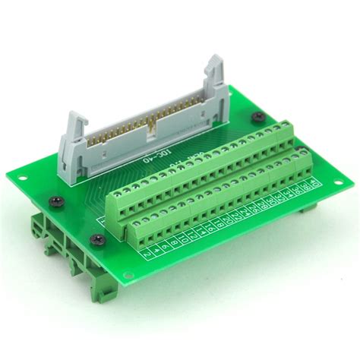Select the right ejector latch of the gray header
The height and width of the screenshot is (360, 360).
pyautogui.click(x=213, y=73)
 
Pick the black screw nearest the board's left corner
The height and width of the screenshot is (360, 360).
pyautogui.click(x=57, y=201)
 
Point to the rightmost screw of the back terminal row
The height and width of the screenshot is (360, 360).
pyautogui.click(x=286, y=126)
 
